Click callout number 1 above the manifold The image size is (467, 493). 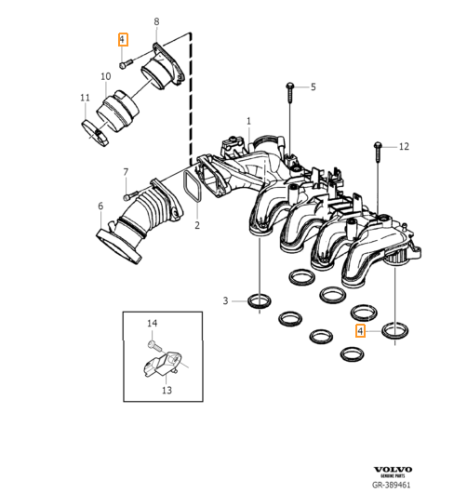pyautogui.click(x=248, y=121)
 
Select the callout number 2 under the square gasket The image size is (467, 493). pyautogui.click(x=196, y=225)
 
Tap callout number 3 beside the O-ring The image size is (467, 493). pyautogui.click(x=225, y=300)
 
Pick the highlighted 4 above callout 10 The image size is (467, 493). pyautogui.click(x=122, y=40)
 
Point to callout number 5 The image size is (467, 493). pyautogui.click(x=313, y=87)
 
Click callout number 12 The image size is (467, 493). pyautogui.click(x=403, y=147)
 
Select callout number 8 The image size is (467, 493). pyautogui.click(x=156, y=21)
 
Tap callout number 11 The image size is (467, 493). pyautogui.click(x=85, y=98)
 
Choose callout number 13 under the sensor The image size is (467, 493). pyautogui.click(x=167, y=391)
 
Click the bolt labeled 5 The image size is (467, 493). pyautogui.click(x=290, y=90)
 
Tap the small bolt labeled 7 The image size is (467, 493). pyautogui.click(x=128, y=196)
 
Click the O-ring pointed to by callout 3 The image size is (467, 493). pyautogui.click(x=259, y=300)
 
